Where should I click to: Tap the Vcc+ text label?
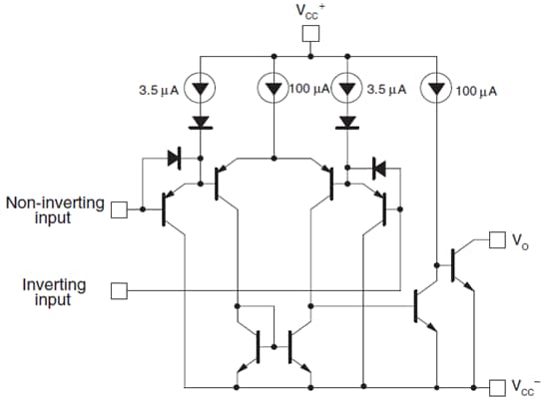(x=310, y=11)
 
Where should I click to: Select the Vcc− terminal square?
(x=496, y=386)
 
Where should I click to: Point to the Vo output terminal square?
(x=496, y=239)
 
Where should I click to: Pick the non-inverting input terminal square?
(x=119, y=209)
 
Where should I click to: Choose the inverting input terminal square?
(x=119, y=290)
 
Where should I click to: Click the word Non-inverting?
(x=55, y=202)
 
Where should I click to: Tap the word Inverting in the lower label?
(x=55, y=284)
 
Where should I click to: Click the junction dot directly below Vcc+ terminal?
(x=310, y=55)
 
